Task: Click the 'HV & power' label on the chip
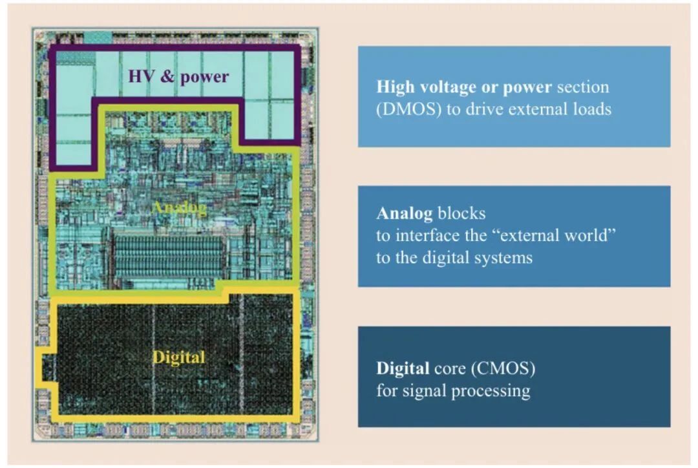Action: click(178, 76)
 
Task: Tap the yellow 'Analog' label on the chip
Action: click(180, 207)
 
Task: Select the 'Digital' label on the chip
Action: click(179, 357)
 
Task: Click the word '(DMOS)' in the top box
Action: click(408, 109)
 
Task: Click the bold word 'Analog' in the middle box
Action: click(404, 214)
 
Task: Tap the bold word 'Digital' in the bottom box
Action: click(403, 368)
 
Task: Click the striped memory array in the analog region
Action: click(169, 257)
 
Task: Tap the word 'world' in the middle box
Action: click(590, 235)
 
